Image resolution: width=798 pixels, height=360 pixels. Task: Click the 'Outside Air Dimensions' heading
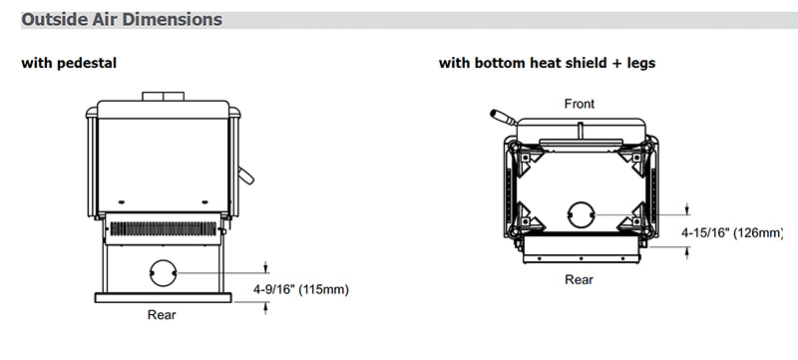coord(122,19)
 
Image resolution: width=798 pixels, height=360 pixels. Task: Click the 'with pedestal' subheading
coord(69,63)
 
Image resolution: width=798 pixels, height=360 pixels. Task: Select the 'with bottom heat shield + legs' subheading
coord(547,63)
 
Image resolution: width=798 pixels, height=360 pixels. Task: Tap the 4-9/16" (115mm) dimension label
coord(301,290)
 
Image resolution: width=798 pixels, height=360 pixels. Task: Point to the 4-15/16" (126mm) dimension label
coord(732,233)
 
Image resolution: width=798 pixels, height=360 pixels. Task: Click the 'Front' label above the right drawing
coord(580,104)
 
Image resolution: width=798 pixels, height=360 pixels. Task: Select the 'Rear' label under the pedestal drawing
coord(162,315)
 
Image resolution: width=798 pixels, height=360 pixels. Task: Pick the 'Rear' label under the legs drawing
coord(580,279)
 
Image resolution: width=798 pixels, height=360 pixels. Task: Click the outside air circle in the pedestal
coord(164,273)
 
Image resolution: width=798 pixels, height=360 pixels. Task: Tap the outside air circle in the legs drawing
coord(582,214)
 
